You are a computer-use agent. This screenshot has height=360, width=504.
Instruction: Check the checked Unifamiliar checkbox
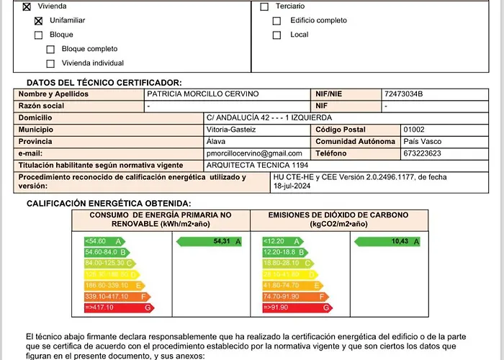[x=39, y=21]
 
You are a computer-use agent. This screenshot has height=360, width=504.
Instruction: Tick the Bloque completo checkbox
[x=50, y=50]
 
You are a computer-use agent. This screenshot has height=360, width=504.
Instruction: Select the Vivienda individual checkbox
[x=50, y=63]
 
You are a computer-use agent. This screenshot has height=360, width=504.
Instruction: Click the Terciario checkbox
[x=264, y=6]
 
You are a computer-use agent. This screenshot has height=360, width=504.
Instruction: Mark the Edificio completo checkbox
[x=277, y=21]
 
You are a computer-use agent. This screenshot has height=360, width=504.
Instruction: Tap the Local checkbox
[x=277, y=35]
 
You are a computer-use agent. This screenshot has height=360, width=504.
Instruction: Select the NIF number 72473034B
[x=404, y=94]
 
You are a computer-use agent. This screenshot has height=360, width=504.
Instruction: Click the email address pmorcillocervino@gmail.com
[x=254, y=153]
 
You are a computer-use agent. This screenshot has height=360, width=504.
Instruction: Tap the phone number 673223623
[x=423, y=153]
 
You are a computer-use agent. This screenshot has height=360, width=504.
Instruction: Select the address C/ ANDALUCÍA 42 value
[x=269, y=117]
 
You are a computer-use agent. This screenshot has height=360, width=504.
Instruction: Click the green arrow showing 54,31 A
[x=210, y=241]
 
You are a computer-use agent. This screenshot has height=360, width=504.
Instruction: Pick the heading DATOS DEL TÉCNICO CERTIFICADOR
[x=104, y=83]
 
